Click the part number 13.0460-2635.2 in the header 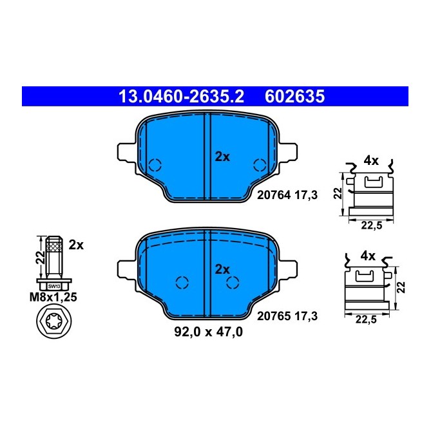click(181, 97)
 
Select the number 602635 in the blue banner click(294, 97)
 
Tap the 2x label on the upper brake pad click(222, 157)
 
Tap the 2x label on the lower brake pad click(222, 269)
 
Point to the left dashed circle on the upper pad click(155, 164)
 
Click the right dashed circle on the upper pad click(260, 164)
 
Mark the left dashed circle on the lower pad click(182, 282)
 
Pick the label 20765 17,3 click(287, 316)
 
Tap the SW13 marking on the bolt click(54, 285)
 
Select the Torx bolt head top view click(54, 321)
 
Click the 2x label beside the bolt click(76, 245)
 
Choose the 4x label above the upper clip click(370, 159)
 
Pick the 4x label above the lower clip click(368, 256)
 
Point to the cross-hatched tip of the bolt click(54, 245)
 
